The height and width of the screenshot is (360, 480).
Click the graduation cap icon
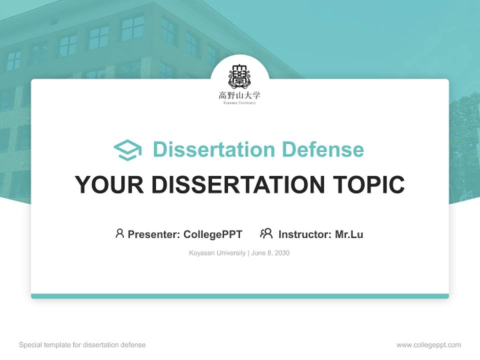[x=127, y=150]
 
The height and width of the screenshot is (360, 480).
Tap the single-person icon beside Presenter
[x=119, y=233]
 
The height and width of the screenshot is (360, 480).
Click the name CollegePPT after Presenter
[x=213, y=234]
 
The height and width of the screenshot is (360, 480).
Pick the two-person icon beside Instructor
[x=266, y=233]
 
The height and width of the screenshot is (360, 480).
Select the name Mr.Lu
[x=349, y=234]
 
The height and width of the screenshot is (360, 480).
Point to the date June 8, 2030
[x=270, y=253]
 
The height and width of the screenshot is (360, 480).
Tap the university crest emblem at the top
[x=240, y=76]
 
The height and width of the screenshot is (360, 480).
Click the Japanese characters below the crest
[x=240, y=95]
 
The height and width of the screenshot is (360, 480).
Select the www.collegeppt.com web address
[x=428, y=345]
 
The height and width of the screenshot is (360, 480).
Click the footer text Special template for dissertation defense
[x=82, y=345]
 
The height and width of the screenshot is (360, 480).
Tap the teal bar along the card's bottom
[x=240, y=296]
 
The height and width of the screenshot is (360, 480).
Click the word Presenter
[x=152, y=234]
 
